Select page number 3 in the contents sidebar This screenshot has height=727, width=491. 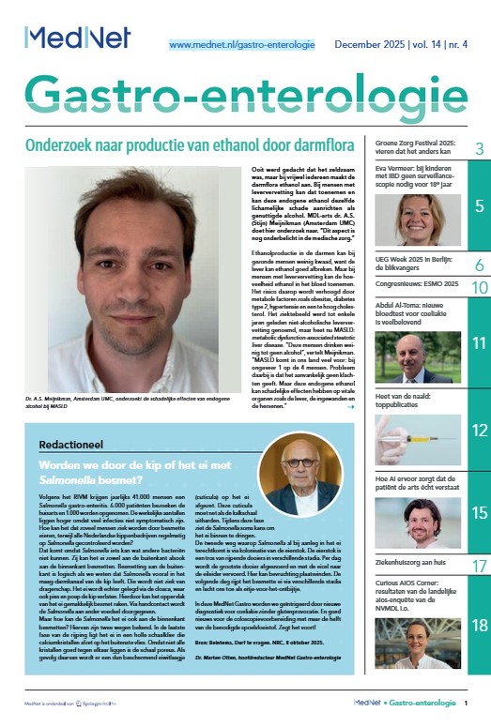click(479, 149)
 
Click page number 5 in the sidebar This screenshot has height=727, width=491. click(478, 206)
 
